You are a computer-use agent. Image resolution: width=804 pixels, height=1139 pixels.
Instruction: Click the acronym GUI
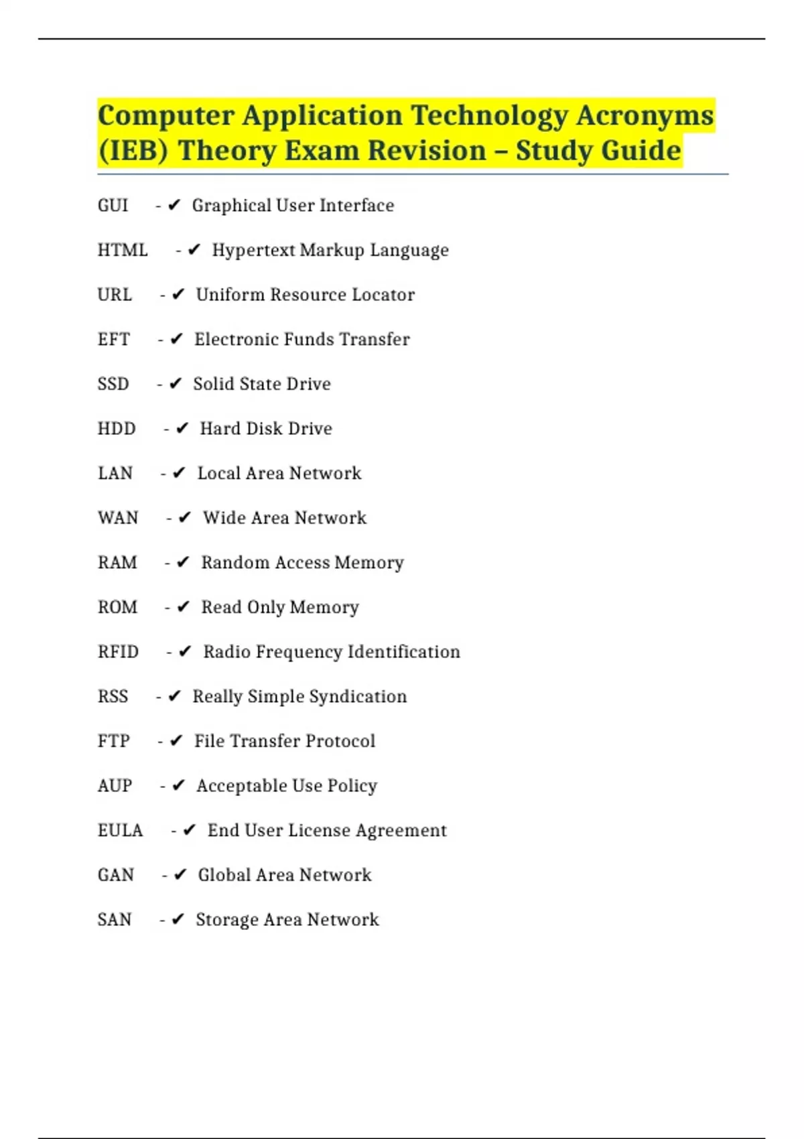(x=113, y=205)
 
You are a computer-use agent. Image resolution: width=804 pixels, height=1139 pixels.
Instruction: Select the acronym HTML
(x=123, y=250)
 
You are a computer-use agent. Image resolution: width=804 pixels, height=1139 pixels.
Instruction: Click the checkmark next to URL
(x=178, y=295)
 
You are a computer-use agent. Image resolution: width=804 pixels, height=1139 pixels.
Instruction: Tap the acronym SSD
(x=113, y=384)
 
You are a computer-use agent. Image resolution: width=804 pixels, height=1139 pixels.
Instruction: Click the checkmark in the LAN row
(x=179, y=473)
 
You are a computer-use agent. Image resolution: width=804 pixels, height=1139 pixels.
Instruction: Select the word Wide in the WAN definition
(x=224, y=518)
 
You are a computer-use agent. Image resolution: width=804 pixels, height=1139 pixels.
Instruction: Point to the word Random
(x=234, y=563)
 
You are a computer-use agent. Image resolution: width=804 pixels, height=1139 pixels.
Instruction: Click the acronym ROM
(x=117, y=607)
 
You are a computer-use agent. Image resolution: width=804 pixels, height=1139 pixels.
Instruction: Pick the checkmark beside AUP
(x=178, y=786)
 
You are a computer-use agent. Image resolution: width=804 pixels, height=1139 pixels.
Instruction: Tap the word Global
(x=223, y=875)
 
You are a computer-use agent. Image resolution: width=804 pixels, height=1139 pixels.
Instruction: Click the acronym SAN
(x=115, y=920)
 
